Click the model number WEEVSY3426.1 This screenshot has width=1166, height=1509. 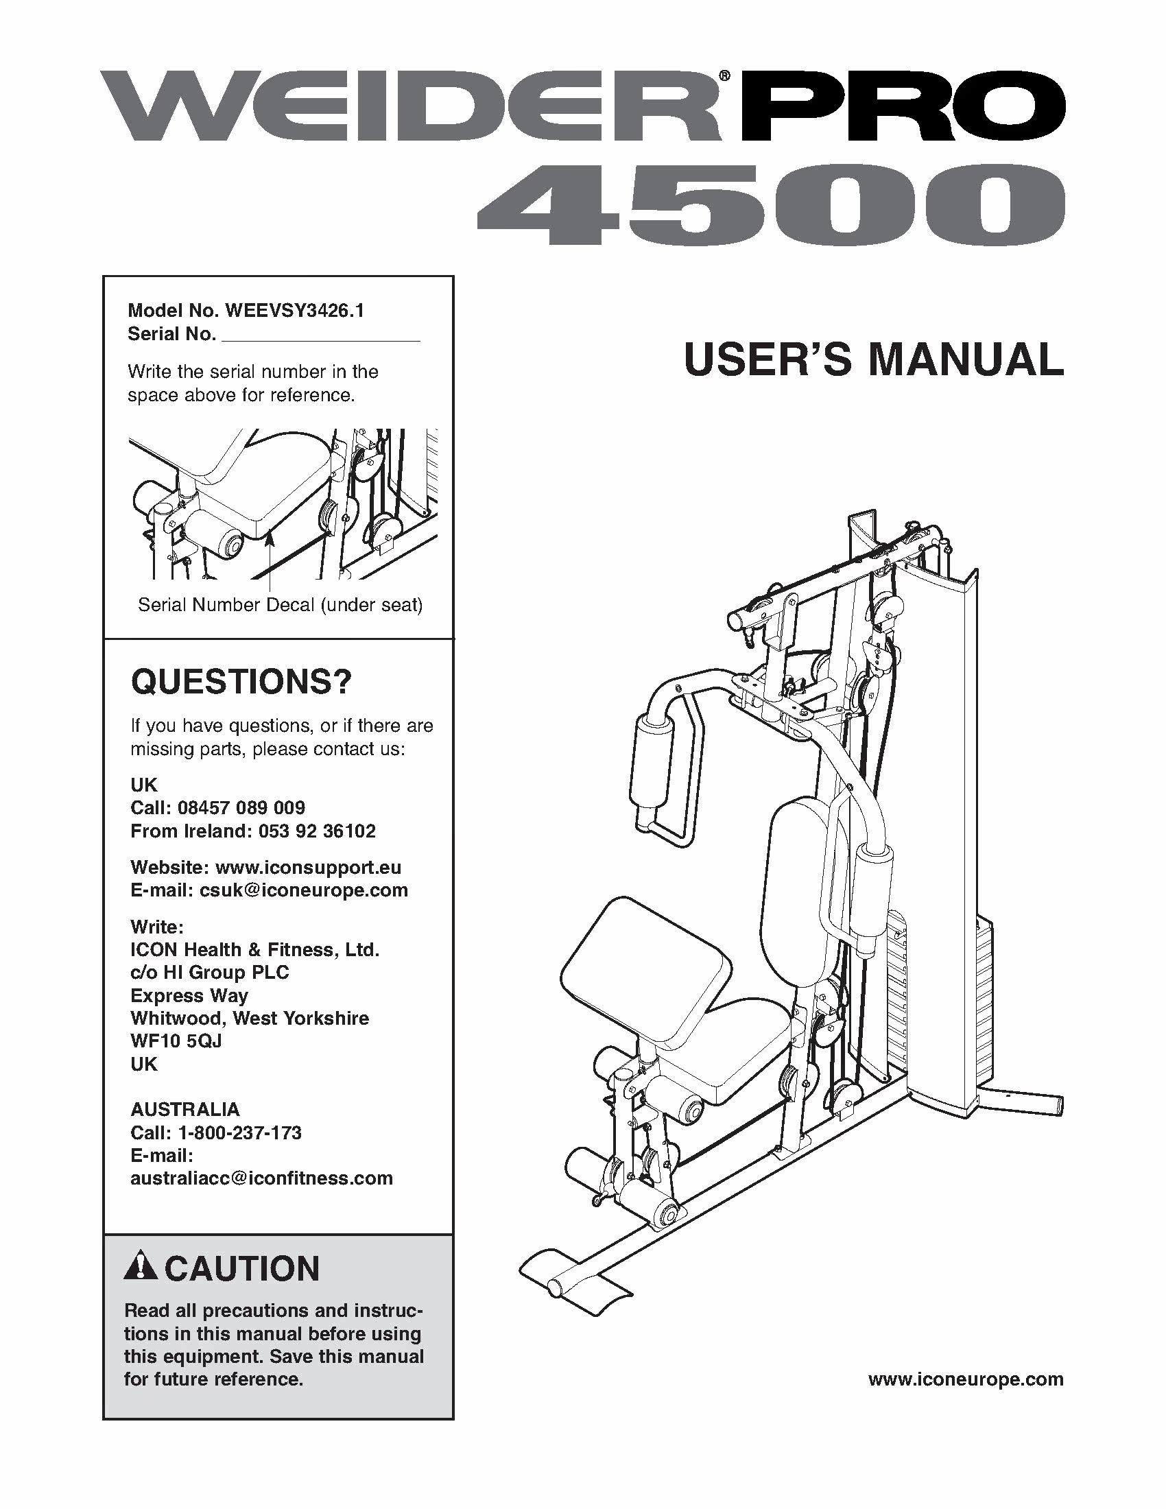294,311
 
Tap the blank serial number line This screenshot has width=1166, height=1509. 322,336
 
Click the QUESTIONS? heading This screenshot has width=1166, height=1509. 241,682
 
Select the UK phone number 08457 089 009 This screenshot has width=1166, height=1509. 241,808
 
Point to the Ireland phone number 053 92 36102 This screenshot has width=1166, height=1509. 317,831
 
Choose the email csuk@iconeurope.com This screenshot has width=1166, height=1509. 304,890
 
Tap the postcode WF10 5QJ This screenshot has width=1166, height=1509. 176,1041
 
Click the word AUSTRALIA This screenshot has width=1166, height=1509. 185,1109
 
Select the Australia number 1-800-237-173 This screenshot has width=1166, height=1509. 239,1132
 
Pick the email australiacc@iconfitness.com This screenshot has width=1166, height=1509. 262,1178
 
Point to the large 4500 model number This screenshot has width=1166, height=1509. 770,205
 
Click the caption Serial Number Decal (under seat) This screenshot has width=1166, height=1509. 281,605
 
